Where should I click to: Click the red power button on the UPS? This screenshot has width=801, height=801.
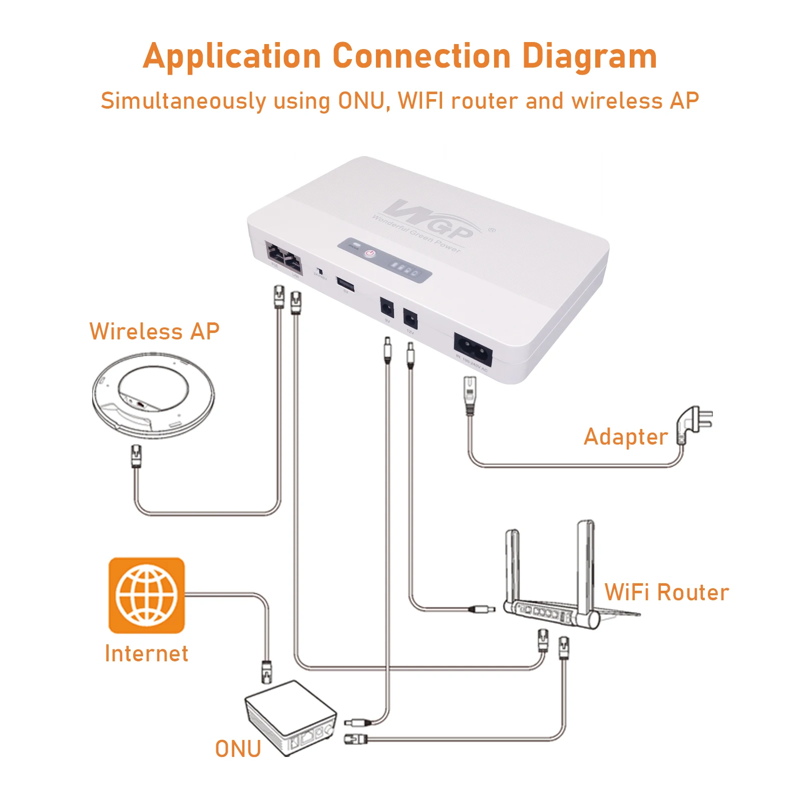[x=369, y=254]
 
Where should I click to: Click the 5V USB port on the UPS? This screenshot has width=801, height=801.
[x=345, y=284]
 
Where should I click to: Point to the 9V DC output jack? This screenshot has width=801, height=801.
[x=386, y=307]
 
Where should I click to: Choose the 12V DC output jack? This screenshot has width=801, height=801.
[x=410, y=318]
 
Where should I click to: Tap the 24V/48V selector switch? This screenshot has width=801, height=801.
[x=319, y=271]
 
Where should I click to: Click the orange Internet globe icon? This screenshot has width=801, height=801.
[x=147, y=595]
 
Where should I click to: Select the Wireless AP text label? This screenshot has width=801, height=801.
[x=154, y=331]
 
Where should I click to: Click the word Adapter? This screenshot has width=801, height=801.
[x=626, y=437]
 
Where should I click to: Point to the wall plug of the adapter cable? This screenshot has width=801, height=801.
[x=693, y=423]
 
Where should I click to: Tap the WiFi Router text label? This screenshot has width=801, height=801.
[x=666, y=592]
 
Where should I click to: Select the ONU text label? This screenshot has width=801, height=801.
[x=238, y=749]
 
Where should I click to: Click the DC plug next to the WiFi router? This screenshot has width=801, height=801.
[x=482, y=609]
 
